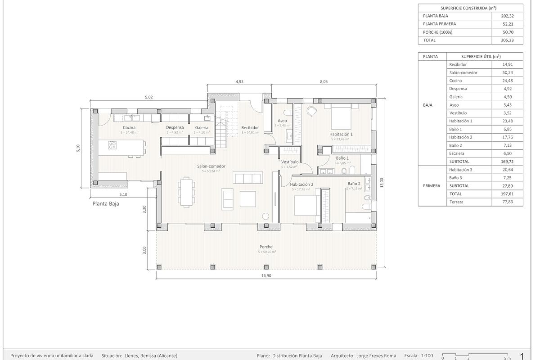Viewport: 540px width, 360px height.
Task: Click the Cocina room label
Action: [x=130, y=127]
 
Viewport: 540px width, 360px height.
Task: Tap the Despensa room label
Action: [x=175, y=127]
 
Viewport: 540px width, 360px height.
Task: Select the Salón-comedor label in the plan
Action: [x=211, y=166]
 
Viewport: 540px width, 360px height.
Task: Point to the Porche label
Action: [x=266, y=247]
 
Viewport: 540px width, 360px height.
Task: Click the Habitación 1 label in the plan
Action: [x=341, y=134]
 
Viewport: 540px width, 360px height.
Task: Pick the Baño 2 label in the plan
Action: [x=354, y=184]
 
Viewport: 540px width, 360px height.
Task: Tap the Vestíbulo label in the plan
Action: [x=290, y=162]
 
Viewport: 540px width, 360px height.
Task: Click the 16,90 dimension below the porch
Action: [x=266, y=276]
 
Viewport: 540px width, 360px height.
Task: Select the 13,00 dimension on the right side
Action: [x=382, y=182]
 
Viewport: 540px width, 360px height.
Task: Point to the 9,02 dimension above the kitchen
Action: [x=148, y=97]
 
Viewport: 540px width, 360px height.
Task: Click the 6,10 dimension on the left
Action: [x=78, y=148]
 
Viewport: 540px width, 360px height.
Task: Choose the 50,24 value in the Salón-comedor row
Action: [x=507, y=72]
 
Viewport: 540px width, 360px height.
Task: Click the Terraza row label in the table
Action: [x=456, y=202]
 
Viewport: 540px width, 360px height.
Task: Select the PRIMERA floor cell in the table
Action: [x=432, y=186]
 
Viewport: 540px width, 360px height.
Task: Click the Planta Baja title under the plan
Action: [x=106, y=203]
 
